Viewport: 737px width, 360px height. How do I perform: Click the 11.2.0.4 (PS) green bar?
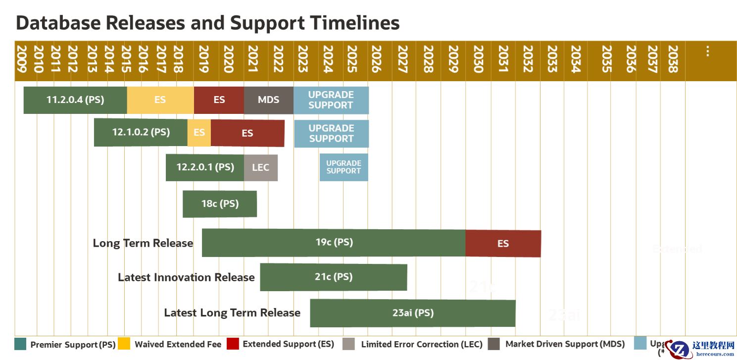[x=75, y=100]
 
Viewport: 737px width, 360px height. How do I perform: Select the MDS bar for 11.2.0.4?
[x=268, y=100]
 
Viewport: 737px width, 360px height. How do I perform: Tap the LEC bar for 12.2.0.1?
[x=260, y=167]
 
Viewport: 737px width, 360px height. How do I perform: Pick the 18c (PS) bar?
[x=220, y=204]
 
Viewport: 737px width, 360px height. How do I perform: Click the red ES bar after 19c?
[x=503, y=244]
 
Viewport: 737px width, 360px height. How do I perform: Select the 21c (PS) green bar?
[x=334, y=277]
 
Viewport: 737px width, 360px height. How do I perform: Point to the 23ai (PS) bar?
[x=412, y=313]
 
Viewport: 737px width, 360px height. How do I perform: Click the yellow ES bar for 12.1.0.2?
[x=199, y=133]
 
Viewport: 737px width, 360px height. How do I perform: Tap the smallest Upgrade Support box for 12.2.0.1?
[x=344, y=167]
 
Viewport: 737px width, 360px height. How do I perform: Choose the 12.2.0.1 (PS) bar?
[x=205, y=167]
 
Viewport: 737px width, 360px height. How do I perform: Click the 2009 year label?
[x=21, y=59]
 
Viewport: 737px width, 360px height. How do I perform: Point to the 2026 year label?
[x=376, y=59]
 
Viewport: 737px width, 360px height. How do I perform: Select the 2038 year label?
[x=673, y=59]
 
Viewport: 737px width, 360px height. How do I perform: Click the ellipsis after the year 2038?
[x=708, y=51]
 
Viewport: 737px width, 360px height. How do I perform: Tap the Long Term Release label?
[x=143, y=243]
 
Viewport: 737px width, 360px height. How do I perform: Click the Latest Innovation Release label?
[x=186, y=277]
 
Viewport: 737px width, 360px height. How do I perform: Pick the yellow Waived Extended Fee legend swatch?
[x=124, y=344]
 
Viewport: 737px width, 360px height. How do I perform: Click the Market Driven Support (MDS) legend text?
[x=565, y=344]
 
